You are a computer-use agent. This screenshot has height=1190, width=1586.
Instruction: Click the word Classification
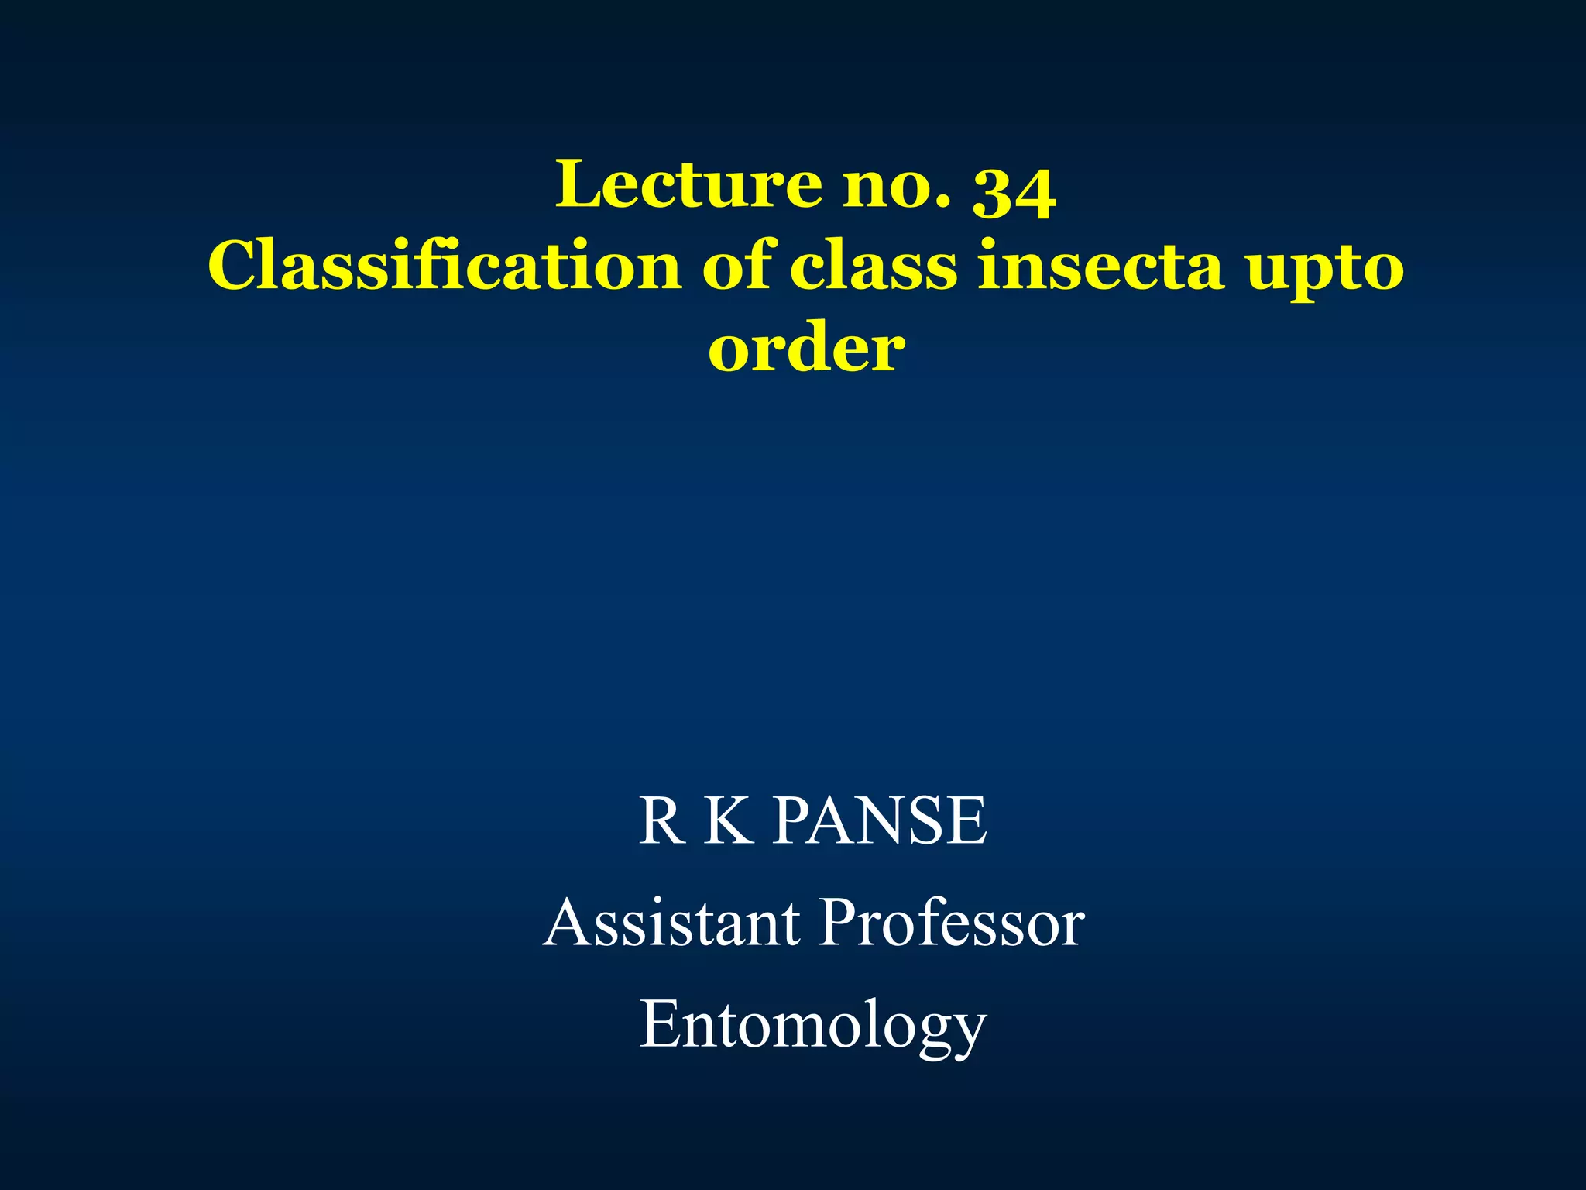click(x=445, y=266)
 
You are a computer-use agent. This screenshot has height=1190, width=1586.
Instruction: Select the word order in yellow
click(x=806, y=349)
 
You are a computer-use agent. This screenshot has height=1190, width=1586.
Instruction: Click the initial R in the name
click(x=661, y=820)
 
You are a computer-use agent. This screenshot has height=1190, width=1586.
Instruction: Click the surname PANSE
click(x=881, y=820)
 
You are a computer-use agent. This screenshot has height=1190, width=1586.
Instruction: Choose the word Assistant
click(x=672, y=923)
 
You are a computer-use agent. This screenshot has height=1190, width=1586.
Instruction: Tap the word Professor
click(x=952, y=923)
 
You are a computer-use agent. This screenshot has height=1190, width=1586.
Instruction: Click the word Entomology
click(x=812, y=1027)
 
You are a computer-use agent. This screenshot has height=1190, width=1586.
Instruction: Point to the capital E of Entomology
click(x=658, y=1023)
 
